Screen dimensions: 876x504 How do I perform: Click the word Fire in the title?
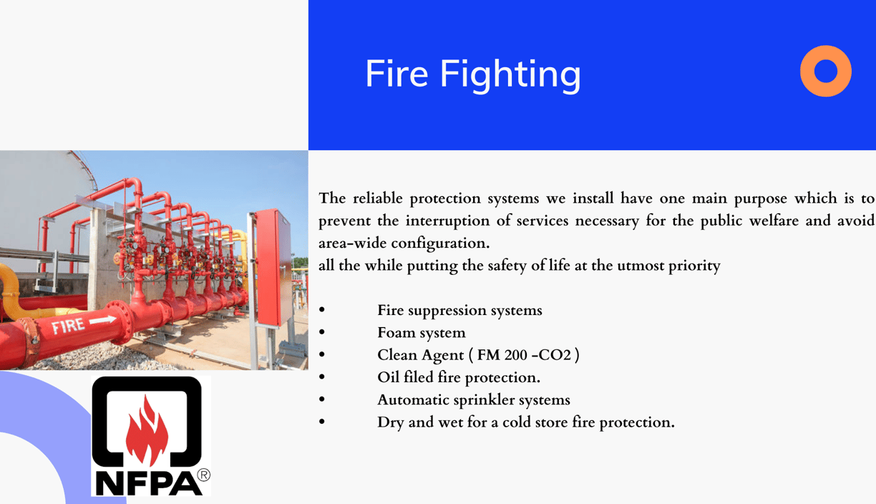[x=397, y=73]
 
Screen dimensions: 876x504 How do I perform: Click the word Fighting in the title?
[x=511, y=76]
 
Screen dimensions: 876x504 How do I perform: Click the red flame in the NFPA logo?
[x=147, y=430]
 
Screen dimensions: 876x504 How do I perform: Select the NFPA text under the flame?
[x=149, y=484]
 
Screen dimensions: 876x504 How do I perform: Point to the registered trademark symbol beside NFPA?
[x=203, y=475]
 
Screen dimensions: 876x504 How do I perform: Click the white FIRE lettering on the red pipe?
[x=68, y=325]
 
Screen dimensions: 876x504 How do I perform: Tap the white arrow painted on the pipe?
[x=103, y=321]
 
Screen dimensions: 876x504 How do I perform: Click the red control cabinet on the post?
[x=273, y=267]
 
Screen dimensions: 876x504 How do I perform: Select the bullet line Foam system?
[x=422, y=333]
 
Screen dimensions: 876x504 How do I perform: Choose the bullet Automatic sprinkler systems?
[x=474, y=400]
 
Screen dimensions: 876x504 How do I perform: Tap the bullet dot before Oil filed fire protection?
[x=322, y=377]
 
